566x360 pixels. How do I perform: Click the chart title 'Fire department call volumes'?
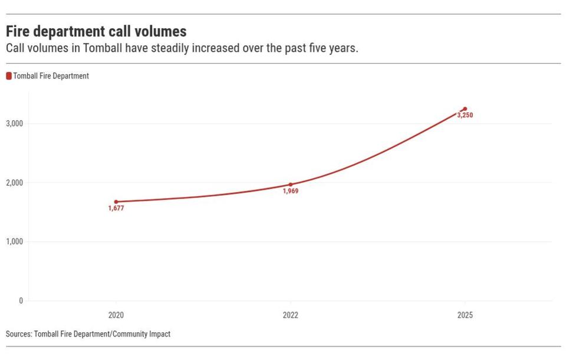96,31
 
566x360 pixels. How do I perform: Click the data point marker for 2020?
116,202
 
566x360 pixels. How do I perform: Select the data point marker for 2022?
290,184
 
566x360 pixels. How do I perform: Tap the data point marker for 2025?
465,109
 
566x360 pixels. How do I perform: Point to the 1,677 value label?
116,209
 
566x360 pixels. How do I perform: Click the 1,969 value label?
290,191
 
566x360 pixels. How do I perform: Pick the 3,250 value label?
465,115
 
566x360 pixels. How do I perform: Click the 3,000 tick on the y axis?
14,124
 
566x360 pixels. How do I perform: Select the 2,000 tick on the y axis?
14,183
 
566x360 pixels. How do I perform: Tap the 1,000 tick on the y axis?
14,242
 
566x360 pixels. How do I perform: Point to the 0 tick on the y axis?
21,300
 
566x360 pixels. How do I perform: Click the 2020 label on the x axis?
116,315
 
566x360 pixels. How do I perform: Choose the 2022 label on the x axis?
290,315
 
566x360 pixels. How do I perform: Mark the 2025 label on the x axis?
465,315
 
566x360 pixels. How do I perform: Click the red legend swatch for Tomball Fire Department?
9,76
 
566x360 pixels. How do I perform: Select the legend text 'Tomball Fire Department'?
51,76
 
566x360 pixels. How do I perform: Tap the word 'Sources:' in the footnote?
19,334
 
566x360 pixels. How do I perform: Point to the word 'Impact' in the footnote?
159,334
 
